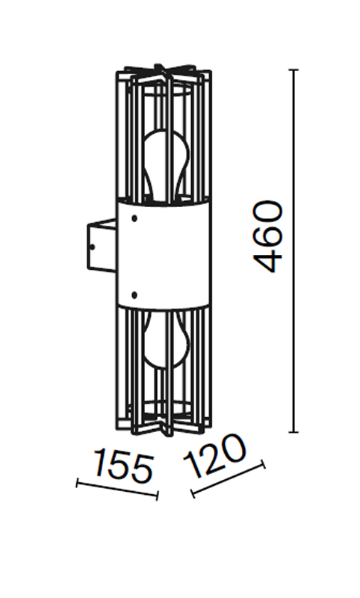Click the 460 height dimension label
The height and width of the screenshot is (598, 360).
click(x=269, y=237)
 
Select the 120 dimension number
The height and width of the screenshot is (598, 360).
click(x=214, y=457)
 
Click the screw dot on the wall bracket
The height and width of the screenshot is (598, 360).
click(x=93, y=247)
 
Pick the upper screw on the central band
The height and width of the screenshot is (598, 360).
click(x=134, y=218)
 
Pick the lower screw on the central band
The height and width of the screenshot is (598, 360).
click(x=134, y=295)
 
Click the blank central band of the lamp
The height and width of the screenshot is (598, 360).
click(x=164, y=254)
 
